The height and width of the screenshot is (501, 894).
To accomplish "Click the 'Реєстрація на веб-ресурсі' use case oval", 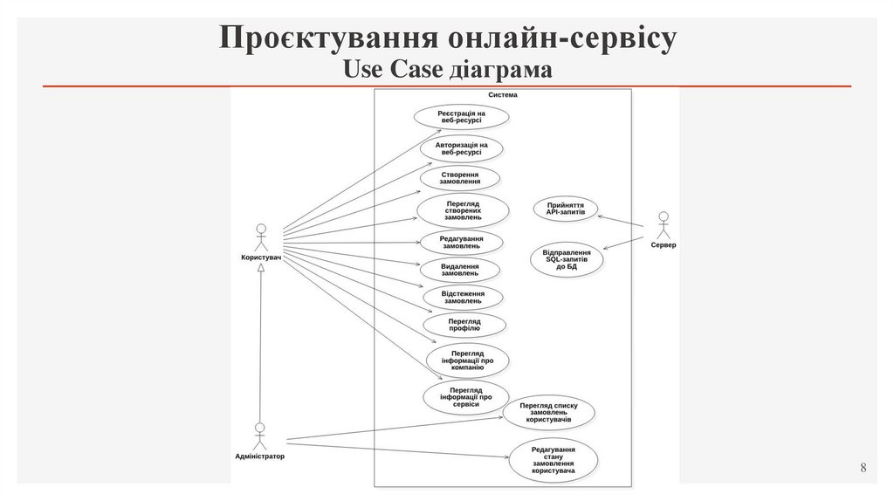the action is [461, 117].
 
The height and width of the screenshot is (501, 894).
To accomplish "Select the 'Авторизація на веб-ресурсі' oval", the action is [461, 148].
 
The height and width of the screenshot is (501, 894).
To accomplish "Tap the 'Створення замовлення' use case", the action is [459, 178].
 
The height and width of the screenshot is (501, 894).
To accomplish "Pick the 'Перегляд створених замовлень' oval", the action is [463, 210].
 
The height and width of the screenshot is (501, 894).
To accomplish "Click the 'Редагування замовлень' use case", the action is [461, 243].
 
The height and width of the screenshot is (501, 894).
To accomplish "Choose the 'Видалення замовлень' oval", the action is [459, 270].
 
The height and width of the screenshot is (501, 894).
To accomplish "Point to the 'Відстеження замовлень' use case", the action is [462, 297].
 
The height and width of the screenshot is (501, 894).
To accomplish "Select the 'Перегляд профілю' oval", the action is [464, 325].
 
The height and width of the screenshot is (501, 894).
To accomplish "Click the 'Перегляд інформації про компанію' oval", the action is [467, 360].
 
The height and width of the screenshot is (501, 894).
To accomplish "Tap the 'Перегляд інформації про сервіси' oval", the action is [466, 397].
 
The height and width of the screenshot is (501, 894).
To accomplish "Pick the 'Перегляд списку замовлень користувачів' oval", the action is [548, 412].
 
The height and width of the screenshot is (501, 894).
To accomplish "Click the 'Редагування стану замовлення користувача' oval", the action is [553, 460].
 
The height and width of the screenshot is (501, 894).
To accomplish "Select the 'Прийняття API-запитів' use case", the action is [566, 209].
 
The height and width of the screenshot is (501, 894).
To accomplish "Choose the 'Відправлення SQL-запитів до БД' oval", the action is [567, 259].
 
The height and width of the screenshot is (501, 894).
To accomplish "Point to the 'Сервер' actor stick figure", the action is [663, 224].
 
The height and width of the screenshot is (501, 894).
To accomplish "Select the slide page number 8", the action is [863, 469].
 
